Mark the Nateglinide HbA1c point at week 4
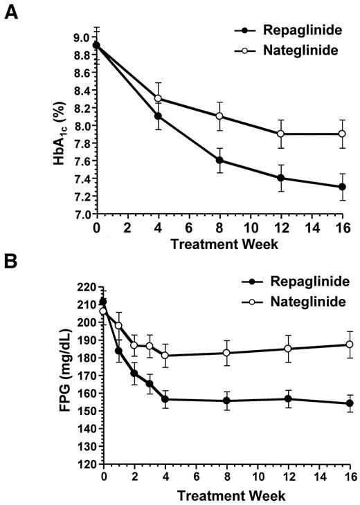159,98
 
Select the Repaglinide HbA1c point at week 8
220,160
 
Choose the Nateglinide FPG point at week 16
350,345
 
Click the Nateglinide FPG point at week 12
288,348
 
